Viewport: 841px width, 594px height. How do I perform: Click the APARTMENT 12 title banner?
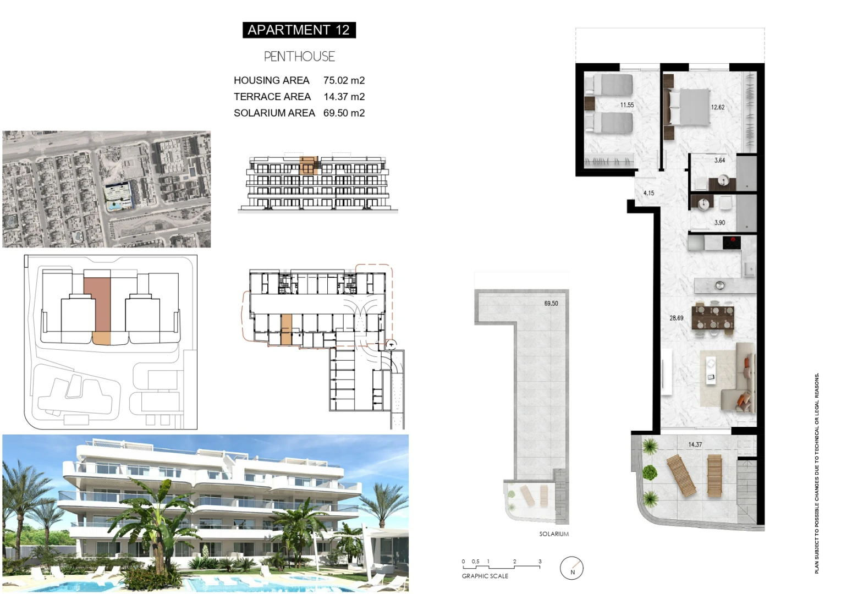pos(299,30)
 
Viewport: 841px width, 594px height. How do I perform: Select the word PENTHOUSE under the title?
pos(299,57)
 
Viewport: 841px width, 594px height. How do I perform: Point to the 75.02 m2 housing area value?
pos(344,80)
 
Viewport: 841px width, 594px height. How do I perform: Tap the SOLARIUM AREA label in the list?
pos(274,113)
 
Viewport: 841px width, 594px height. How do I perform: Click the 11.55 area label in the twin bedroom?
pos(627,105)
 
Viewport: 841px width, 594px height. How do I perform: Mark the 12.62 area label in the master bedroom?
pos(717,107)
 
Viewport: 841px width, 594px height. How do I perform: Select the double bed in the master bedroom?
pos(687,107)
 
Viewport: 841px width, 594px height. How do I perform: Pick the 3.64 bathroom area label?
pos(719,161)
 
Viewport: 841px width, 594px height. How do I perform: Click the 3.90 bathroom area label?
pos(719,223)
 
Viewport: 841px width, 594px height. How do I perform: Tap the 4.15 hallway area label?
pos(648,193)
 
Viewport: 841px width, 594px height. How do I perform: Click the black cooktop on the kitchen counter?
pos(732,243)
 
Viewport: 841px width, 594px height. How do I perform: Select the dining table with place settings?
pos(713,318)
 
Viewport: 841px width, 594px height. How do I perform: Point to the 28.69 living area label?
pos(676,318)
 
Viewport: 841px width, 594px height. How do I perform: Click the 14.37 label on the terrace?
pos(695,444)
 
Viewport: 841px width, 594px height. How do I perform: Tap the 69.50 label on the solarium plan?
pos(551,304)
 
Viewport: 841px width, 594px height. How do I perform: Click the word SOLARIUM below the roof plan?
pos(554,534)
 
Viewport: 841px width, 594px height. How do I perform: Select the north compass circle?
pos(571,568)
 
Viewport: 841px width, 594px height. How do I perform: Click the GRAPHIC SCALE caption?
pos(485,576)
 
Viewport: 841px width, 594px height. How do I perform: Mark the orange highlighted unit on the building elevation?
pos(309,166)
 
